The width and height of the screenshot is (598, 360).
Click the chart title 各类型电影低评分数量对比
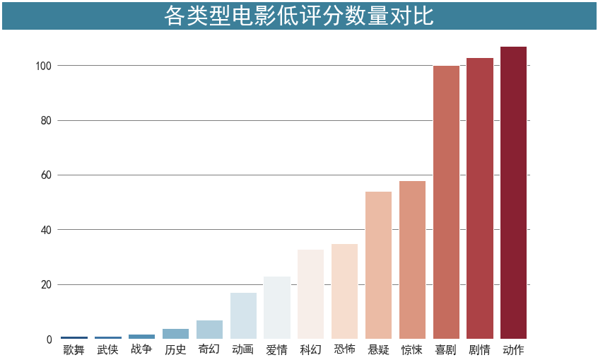click(298, 16)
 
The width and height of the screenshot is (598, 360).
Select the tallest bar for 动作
click(513, 192)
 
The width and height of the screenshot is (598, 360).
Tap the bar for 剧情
click(479, 198)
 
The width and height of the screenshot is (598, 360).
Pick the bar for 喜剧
click(446, 202)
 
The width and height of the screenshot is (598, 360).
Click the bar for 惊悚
click(412, 260)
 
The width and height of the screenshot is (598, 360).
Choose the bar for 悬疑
click(378, 265)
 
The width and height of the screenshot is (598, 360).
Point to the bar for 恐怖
click(344, 291)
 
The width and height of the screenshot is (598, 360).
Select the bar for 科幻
click(310, 294)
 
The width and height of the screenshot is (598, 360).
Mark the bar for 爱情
click(277, 308)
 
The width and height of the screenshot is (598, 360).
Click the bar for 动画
click(243, 316)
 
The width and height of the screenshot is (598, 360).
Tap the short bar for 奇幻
click(209, 330)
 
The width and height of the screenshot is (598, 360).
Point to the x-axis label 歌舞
click(74, 349)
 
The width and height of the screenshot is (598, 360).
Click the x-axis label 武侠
click(107, 349)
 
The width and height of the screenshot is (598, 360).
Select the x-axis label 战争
click(141, 349)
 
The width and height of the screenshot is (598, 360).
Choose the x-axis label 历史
click(175, 349)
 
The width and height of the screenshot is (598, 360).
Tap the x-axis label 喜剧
click(446, 349)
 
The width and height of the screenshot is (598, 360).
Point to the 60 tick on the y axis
click(47, 175)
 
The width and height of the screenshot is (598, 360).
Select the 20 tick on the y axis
click(47, 285)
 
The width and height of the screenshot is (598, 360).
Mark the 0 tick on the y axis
click(49, 339)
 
